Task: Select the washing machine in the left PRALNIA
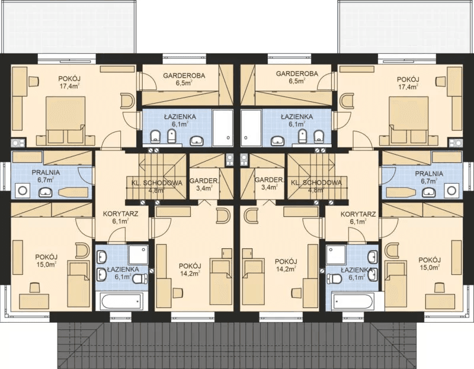pyautogui.click(x=22, y=190)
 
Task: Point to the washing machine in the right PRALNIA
pyautogui.click(x=451, y=190)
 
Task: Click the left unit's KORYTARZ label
pyautogui.click(x=121, y=214)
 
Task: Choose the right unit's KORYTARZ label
pyautogui.click(x=358, y=214)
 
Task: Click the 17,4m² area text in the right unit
pyautogui.click(x=408, y=86)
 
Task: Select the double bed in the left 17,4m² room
pyautogui.click(x=65, y=120)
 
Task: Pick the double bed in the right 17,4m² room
pyautogui.click(x=409, y=120)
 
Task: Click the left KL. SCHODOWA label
pyautogui.click(x=157, y=183)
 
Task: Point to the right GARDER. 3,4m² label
pyautogui.click(x=270, y=184)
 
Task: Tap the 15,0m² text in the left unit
pyautogui.click(x=46, y=264)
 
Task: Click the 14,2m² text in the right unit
pyautogui.click(x=286, y=268)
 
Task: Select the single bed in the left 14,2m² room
pyautogui.click(x=221, y=281)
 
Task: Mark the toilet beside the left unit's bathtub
pyautogui.click(x=140, y=278)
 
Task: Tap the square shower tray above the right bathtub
pyautogui.click(x=336, y=255)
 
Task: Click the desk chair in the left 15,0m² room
pyautogui.click(x=35, y=287)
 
